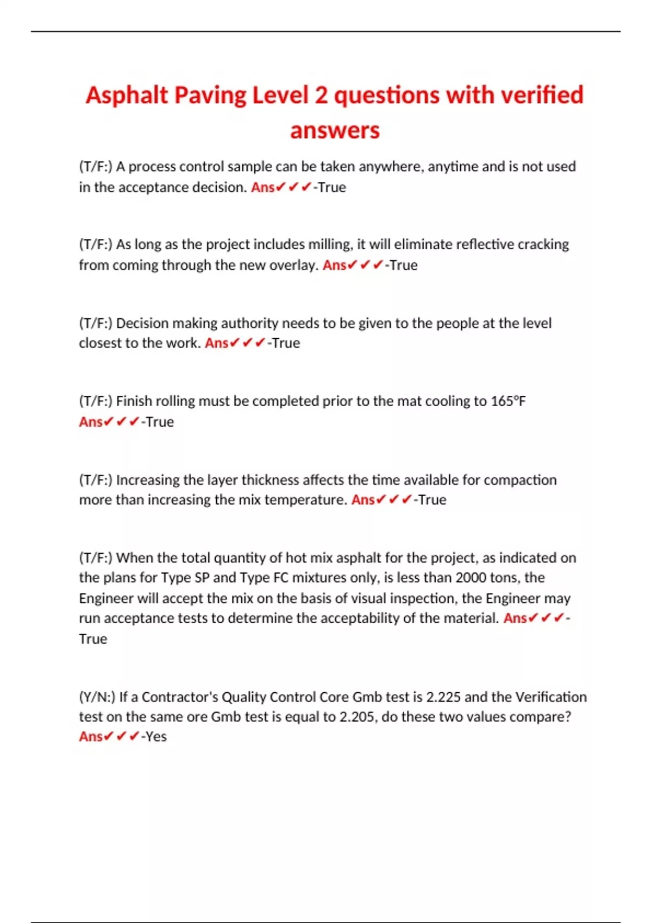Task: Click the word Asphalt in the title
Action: tap(127, 96)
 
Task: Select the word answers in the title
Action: tap(335, 130)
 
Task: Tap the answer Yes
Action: tap(156, 737)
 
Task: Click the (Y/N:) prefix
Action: tap(97, 697)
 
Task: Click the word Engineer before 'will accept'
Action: tap(106, 598)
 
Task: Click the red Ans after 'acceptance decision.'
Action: tap(262, 187)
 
